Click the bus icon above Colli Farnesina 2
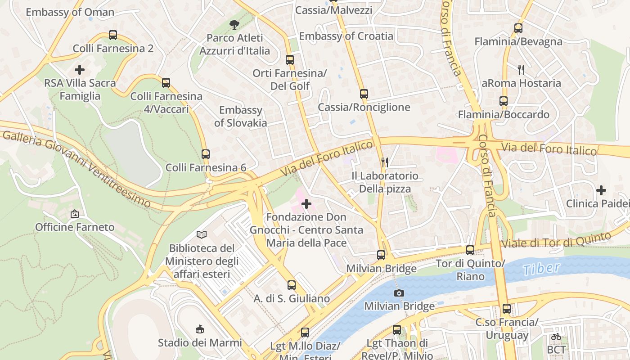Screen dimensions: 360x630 113,35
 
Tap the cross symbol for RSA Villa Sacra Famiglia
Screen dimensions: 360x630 80,70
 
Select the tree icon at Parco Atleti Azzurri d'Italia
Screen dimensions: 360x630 234,25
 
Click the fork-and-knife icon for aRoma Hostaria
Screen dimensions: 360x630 521,70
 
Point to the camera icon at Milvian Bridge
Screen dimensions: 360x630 399,293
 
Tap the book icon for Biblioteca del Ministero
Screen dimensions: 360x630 202,234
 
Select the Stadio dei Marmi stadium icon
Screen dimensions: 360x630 199,329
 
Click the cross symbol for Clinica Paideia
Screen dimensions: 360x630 601,190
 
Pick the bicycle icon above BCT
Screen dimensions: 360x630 556,336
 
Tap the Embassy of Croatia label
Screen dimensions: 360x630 346,36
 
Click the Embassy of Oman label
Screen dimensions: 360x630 70,12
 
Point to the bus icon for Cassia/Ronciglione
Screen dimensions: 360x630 364,94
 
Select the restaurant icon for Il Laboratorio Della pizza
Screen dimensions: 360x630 385,162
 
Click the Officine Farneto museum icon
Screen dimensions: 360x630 75,214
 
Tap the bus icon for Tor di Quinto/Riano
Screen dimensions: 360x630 470,250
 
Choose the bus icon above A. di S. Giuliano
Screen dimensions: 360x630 292,285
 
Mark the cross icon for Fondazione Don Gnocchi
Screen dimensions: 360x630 306,204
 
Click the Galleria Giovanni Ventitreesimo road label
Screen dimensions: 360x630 76,168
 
